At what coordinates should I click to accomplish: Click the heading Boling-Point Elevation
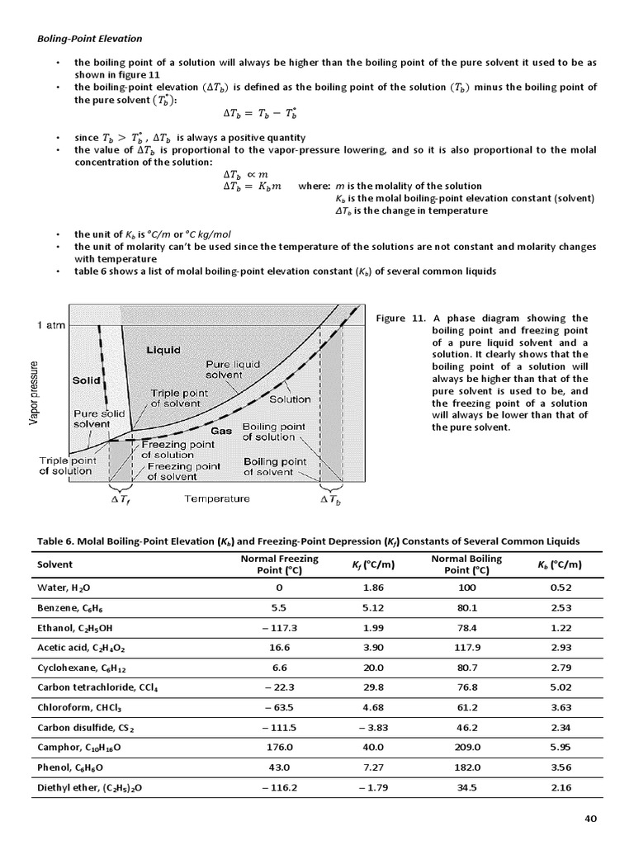pos(88,38)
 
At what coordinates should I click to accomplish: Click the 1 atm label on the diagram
pos(51,325)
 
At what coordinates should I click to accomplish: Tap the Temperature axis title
pos(216,498)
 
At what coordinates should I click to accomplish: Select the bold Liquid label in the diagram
pos(163,350)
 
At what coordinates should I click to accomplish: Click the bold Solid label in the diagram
pos(87,380)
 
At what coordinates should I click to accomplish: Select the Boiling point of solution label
pos(268,432)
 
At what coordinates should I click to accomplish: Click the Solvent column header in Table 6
pos(55,564)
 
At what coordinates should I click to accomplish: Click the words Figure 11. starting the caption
pos(400,318)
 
